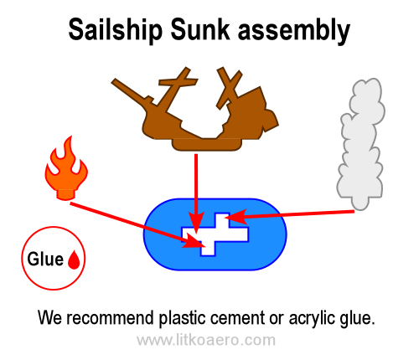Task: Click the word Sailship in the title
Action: (115, 30)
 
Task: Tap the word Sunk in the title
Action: (200, 29)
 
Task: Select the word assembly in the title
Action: (294, 31)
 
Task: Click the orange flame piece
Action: (66, 168)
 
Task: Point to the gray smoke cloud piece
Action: (360, 144)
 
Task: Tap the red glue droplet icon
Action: (74, 260)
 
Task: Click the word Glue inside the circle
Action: (45, 259)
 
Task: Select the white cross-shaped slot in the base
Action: (215, 234)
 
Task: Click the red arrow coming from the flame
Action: (137, 225)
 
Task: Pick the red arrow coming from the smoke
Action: (290, 214)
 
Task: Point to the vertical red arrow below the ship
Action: (196, 193)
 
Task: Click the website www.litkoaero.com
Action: (206, 340)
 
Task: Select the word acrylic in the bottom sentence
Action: (313, 318)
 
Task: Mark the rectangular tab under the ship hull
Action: (207, 145)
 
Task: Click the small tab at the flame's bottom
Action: (66, 194)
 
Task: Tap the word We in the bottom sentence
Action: (49, 318)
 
